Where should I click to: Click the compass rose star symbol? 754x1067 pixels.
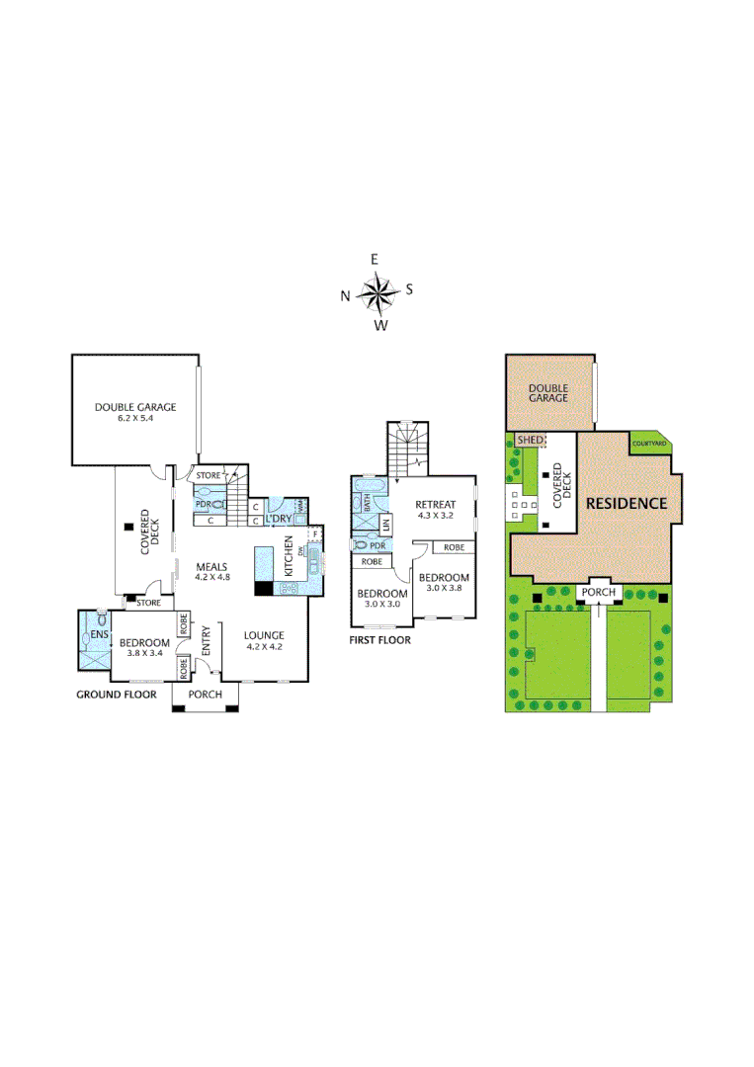click(x=377, y=292)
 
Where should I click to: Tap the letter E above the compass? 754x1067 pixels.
click(x=375, y=259)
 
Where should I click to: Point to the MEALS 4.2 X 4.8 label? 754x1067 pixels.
click(x=211, y=572)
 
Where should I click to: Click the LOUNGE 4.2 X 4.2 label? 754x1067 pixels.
click(x=265, y=641)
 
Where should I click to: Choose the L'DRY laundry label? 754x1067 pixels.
click(x=278, y=519)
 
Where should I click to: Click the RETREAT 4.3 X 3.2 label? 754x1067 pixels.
click(x=435, y=510)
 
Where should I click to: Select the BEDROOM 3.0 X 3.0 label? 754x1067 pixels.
click(x=380, y=599)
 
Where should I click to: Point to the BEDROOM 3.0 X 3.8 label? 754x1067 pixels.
click(x=444, y=582)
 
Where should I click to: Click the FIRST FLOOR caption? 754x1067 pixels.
click(x=380, y=640)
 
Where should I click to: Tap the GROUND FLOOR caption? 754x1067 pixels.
click(x=117, y=695)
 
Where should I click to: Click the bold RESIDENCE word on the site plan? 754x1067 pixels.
click(x=627, y=503)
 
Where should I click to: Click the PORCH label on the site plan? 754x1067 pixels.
click(x=599, y=593)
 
